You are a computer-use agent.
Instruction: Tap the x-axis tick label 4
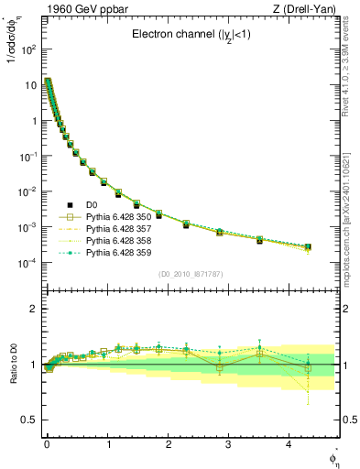point(289,443)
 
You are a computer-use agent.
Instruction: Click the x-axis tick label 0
point(47,443)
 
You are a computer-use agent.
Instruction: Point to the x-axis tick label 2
point(168,443)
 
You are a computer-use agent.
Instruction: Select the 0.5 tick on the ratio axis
point(28,420)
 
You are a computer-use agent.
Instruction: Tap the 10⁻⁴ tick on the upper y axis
point(27,263)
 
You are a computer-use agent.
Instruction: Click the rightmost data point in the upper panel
point(307,247)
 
